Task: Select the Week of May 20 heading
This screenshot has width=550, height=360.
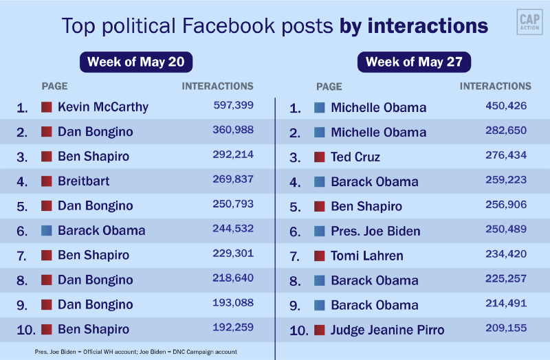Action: (136, 62)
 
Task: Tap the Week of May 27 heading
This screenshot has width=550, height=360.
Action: (414, 62)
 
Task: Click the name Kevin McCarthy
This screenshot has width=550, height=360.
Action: (103, 107)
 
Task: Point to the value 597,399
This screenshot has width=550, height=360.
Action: (233, 105)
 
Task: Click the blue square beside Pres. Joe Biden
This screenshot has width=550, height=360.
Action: (319, 232)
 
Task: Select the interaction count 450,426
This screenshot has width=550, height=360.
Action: (506, 105)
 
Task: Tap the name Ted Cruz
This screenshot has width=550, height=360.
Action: (355, 157)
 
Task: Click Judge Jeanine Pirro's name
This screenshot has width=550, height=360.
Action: (388, 330)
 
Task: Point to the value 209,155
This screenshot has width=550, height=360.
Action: (506, 328)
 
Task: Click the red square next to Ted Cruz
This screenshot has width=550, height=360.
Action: (319, 157)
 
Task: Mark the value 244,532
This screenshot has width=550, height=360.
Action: (233, 229)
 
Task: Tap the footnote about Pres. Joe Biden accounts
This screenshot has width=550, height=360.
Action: (136, 352)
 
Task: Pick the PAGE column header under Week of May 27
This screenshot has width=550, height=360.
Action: (329, 87)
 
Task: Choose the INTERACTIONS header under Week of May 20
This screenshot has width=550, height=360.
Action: (217, 87)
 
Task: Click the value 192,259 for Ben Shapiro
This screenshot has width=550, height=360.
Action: (233, 328)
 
